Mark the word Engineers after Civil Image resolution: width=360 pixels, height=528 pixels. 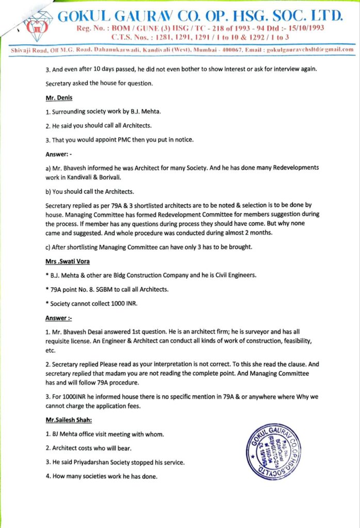233,275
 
